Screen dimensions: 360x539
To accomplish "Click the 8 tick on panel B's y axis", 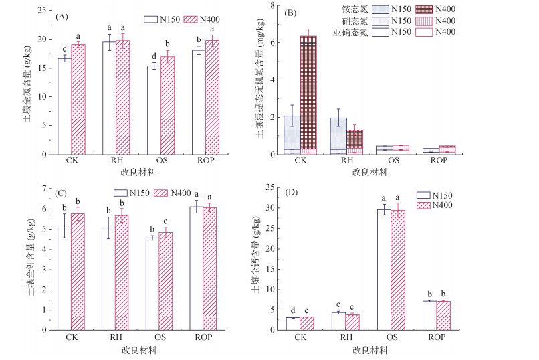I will tap(280, 5).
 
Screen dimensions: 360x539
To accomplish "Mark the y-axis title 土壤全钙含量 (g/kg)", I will tap(262, 259).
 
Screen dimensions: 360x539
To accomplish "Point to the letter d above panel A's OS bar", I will tap(153, 56).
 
